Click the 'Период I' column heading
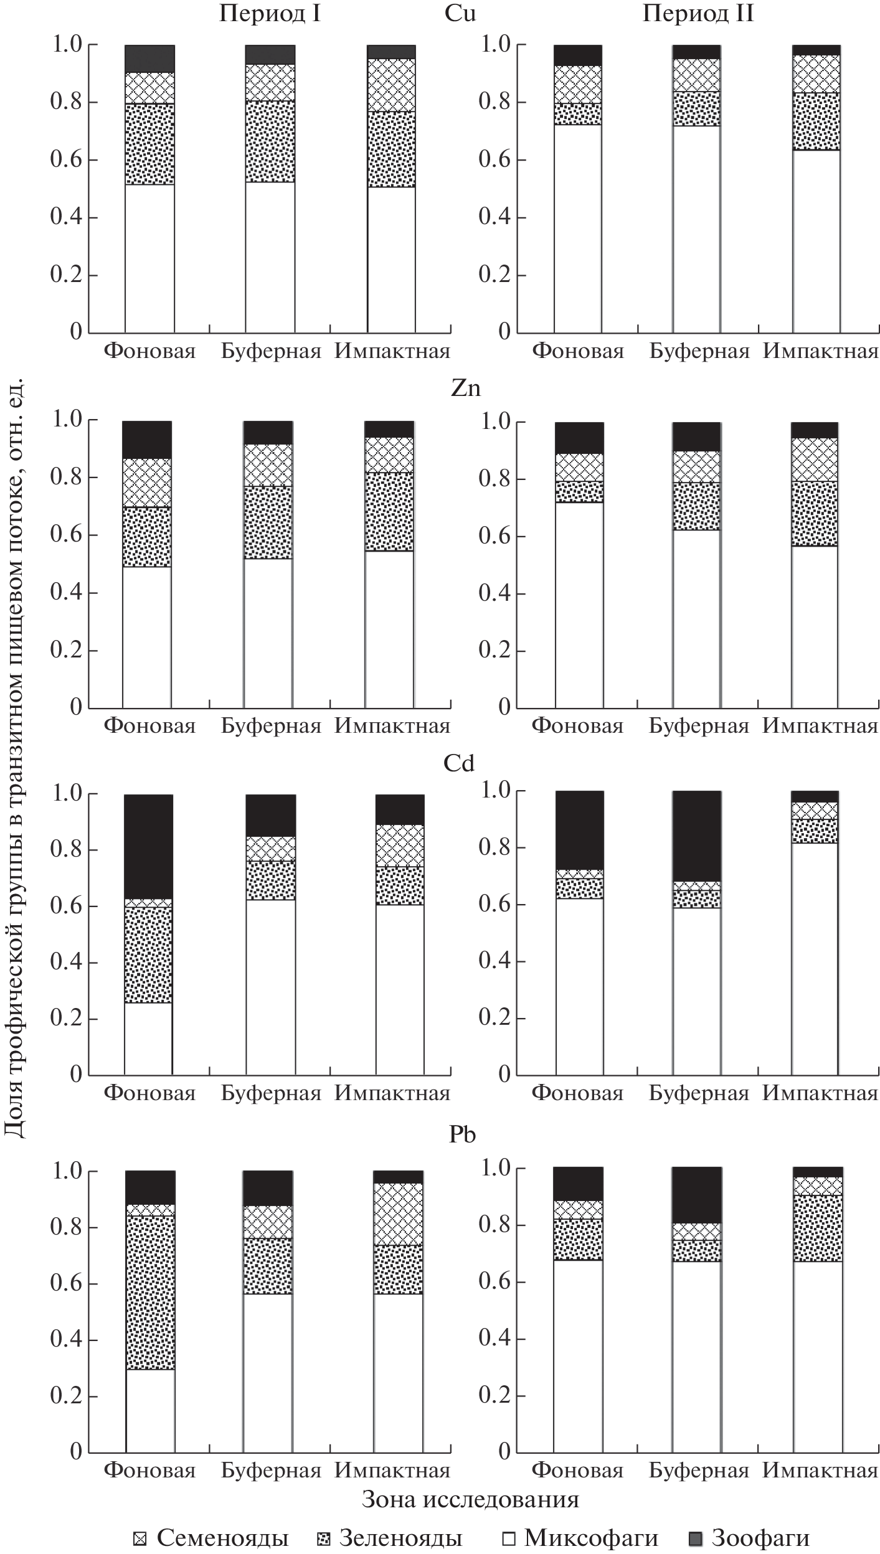pos(270,14)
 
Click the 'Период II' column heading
pos(698,14)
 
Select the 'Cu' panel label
pos(460,14)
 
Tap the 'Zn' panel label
pos(466,388)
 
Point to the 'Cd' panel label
pos(459,763)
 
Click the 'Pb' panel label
pos(462,1134)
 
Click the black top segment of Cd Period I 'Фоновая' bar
pos(148,846)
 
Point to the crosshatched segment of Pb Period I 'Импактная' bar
pos(398,1213)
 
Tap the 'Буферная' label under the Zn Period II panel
pos(698,726)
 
